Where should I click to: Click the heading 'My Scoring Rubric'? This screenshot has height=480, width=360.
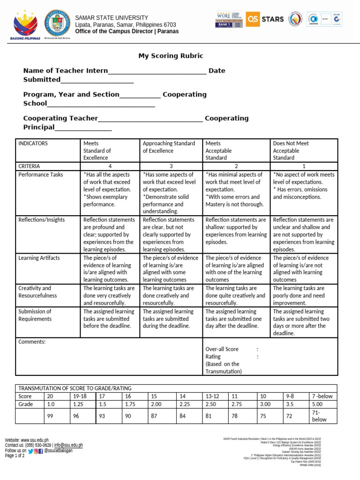pyautogui.click(x=171, y=56)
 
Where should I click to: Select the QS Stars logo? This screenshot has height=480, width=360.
pyautogui.click(x=265, y=19)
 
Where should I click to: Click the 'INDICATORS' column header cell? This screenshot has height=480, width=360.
pyautogui.click(x=33, y=143)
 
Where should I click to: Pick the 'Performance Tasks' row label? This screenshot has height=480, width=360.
pyautogui.click(x=40, y=174)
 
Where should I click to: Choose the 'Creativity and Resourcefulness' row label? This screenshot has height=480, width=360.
pyautogui.click(x=37, y=292)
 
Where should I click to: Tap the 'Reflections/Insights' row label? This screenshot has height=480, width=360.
pyautogui.click(x=41, y=219)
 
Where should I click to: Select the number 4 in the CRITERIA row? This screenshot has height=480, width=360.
pyautogui.click(x=110, y=166)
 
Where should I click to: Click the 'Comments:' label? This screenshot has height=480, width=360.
pyautogui.click(x=32, y=342)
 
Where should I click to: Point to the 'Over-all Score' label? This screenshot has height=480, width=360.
pyautogui.click(x=222, y=349)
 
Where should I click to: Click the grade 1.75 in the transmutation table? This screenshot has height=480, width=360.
pyautogui.click(x=130, y=404)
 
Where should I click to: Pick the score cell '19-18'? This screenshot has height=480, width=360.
pyautogui.click(x=80, y=396)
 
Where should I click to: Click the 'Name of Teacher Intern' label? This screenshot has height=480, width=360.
pyautogui.click(x=66, y=71)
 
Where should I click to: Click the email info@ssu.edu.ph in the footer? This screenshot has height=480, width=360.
pyautogui.click(x=68, y=445)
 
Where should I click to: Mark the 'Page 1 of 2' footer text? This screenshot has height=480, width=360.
pyautogui.click(x=15, y=455)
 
